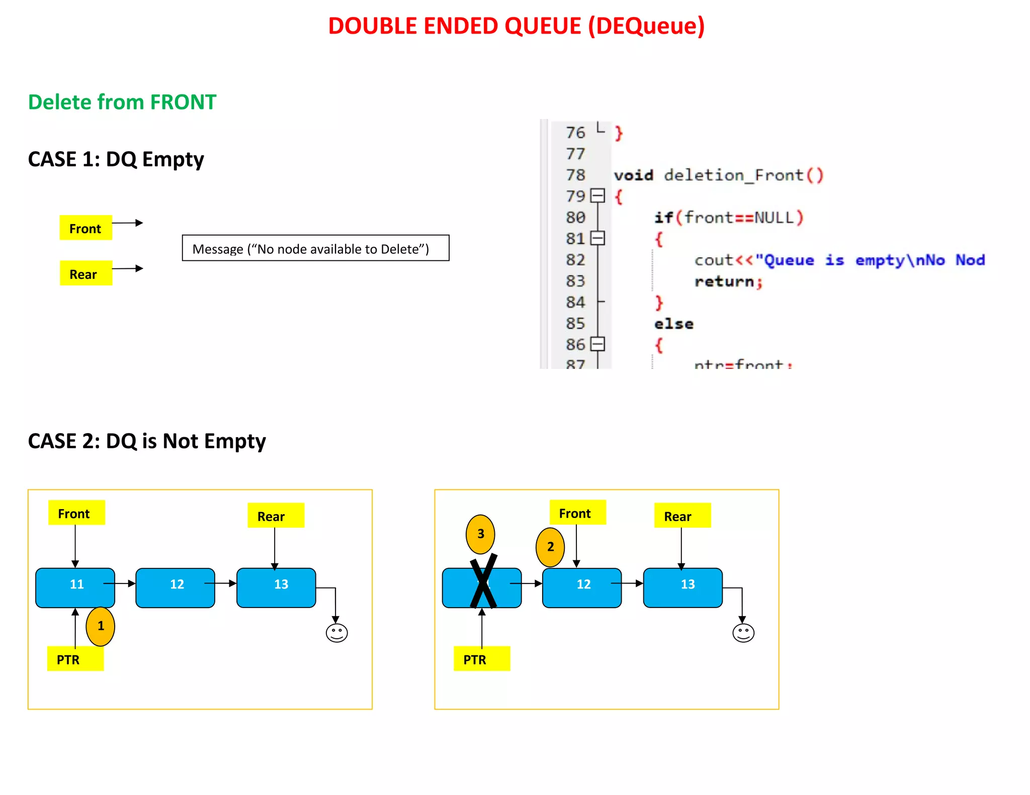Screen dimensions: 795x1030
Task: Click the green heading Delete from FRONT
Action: point(122,102)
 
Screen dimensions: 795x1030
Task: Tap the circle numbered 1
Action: point(101,626)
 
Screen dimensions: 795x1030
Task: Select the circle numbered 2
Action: point(550,547)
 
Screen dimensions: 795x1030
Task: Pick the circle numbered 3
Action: point(480,534)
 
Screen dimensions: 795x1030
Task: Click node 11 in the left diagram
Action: point(75,587)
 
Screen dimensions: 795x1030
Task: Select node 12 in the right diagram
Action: point(582,587)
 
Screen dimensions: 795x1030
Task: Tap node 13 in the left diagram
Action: point(276,587)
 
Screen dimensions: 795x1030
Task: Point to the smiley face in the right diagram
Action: point(743,633)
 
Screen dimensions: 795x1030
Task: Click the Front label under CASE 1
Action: point(85,228)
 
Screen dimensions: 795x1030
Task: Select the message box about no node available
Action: point(315,248)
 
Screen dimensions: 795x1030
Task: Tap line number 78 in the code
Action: point(575,175)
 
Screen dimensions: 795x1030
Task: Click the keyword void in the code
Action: point(633,175)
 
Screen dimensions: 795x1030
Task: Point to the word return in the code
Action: point(724,281)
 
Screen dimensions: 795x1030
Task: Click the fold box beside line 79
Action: point(597,195)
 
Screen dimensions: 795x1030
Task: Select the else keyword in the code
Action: point(673,324)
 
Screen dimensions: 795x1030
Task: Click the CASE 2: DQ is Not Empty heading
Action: point(147,441)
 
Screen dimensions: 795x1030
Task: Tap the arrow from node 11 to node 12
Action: point(121,583)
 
